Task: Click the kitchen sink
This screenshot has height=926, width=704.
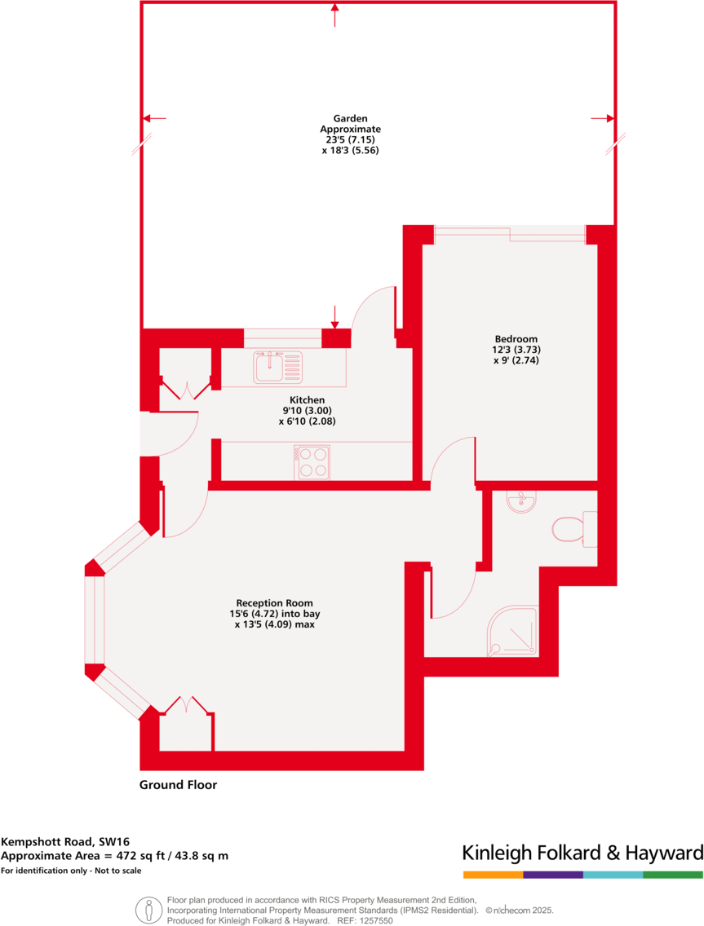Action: point(278,367)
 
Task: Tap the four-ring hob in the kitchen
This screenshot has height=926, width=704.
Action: point(312,461)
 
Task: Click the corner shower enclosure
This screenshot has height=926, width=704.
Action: point(513,631)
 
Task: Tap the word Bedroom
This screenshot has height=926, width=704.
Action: point(516,339)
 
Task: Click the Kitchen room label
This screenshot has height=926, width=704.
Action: point(307,400)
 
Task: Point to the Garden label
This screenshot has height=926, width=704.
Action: point(350,118)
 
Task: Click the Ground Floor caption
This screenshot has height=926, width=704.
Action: point(178,785)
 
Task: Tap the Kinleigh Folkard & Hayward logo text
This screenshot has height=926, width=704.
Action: point(582,853)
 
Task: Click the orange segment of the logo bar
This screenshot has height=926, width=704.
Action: point(493,875)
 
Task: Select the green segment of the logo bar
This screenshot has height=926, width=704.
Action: point(672,875)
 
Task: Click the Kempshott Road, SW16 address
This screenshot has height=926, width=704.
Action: point(65,841)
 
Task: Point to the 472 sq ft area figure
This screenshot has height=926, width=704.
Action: point(148,855)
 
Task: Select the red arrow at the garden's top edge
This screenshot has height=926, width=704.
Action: point(334,14)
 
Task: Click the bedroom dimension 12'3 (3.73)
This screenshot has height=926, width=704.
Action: point(516,350)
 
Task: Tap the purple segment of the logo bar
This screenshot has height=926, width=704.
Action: point(552,875)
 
